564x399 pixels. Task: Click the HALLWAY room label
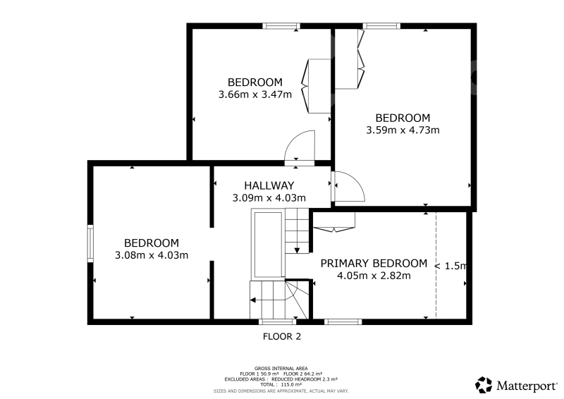(x=269, y=185)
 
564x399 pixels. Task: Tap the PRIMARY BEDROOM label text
(x=374, y=264)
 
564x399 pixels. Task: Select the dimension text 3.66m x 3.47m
(x=255, y=94)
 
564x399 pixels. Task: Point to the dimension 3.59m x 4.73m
(x=403, y=130)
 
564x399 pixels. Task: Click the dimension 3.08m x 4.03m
(x=152, y=255)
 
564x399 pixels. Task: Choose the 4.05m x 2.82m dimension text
(x=374, y=276)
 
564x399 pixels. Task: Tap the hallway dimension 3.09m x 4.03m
(x=269, y=198)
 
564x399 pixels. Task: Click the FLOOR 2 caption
(x=281, y=337)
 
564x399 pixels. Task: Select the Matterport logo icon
(x=484, y=385)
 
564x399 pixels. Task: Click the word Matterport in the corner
(x=527, y=386)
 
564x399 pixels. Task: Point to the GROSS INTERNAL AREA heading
(x=281, y=369)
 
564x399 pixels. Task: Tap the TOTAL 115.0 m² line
(x=281, y=385)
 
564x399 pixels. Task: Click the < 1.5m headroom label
(x=450, y=266)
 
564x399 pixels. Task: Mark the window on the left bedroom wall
(x=90, y=244)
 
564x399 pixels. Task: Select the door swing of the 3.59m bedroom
(x=348, y=186)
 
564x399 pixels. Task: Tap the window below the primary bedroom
(x=343, y=321)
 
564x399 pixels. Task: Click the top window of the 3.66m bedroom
(x=281, y=26)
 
